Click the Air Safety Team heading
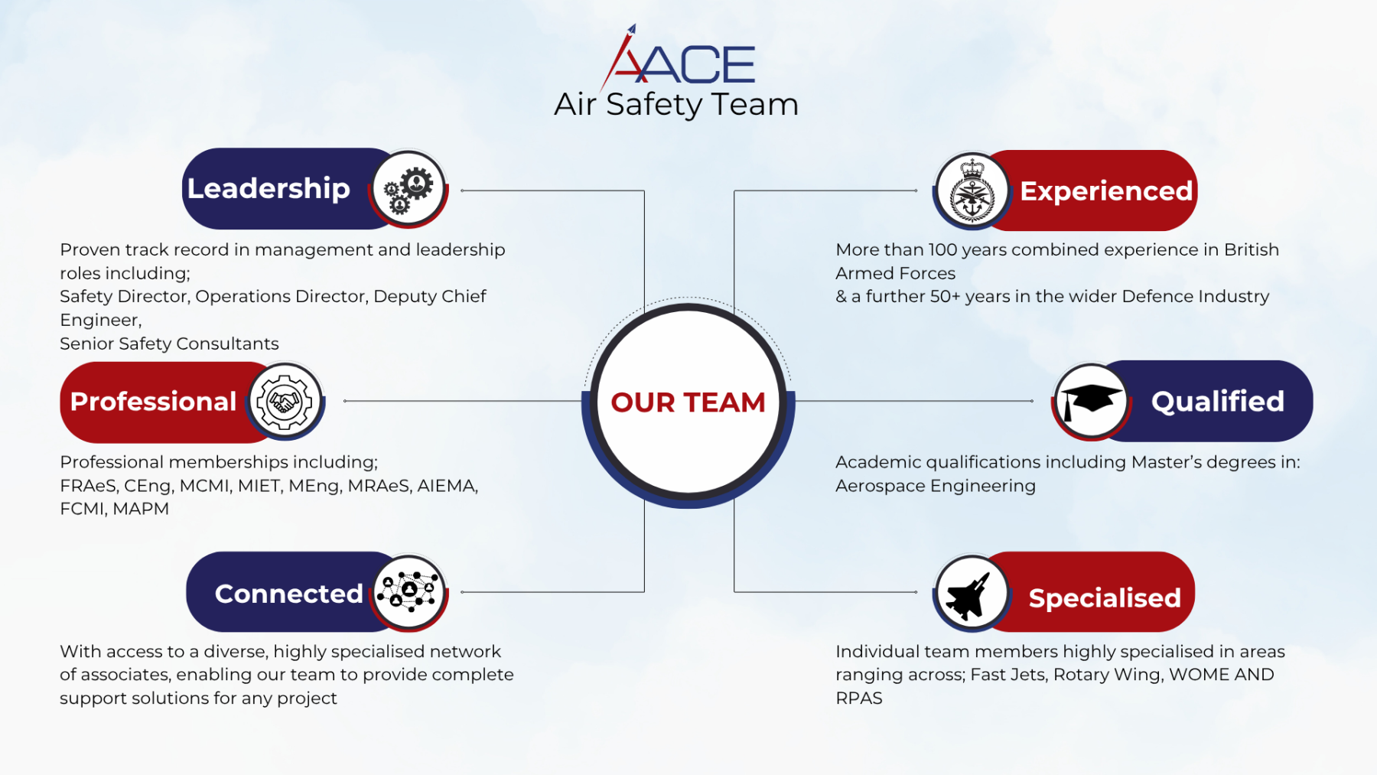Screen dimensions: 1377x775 coord(676,105)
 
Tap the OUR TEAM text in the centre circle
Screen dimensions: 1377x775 coord(688,402)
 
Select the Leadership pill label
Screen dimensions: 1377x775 coord(269,189)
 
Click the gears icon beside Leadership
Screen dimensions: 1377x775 coord(409,188)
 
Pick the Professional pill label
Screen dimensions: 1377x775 coord(153,402)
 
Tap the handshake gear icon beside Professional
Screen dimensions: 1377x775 coord(285,401)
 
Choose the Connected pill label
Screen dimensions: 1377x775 coord(288,594)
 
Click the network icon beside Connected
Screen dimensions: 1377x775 coord(409,592)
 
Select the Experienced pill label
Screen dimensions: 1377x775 coord(1106,191)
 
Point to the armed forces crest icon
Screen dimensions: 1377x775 coord(972,190)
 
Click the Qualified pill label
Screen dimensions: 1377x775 coord(1218,402)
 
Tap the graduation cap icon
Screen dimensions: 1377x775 coord(1091,401)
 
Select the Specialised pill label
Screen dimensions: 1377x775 coord(1105,598)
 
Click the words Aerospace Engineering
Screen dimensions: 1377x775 coord(936,487)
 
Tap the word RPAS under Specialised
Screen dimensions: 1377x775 coord(859,698)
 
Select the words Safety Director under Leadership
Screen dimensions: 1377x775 coord(123,297)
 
